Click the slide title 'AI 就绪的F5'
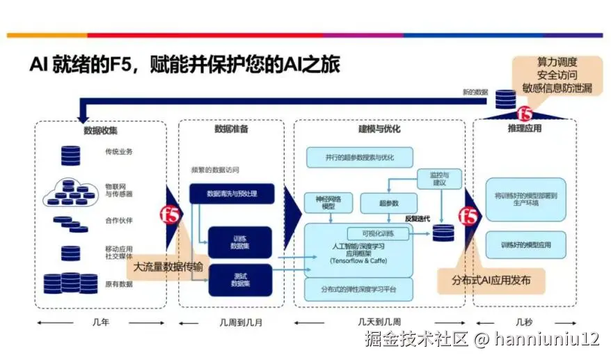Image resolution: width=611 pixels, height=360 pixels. tap(184, 65)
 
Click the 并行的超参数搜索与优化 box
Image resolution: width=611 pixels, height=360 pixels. tap(360, 157)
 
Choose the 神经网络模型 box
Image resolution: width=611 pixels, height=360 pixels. tap(329, 203)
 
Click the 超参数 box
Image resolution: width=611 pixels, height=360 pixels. tap(388, 203)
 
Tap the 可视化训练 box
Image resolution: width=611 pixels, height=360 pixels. tap(379, 233)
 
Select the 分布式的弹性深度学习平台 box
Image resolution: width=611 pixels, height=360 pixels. tap(360, 288)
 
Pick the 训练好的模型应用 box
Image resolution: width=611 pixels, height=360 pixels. tap(525, 245)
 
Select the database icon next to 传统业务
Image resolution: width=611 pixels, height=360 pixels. tap(70, 154)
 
